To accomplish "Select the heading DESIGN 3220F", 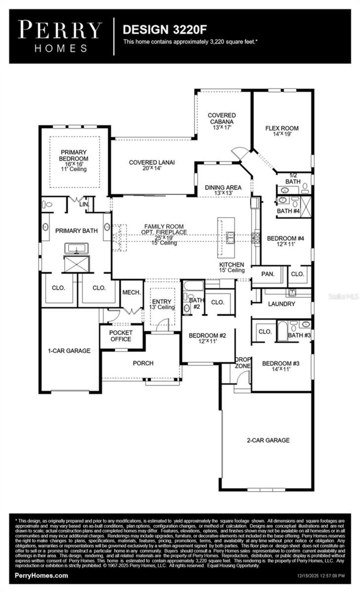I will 165,30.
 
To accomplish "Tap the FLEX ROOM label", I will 282,131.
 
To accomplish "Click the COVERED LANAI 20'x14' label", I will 152,165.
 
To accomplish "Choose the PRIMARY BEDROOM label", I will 74,160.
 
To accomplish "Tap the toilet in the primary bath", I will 47,204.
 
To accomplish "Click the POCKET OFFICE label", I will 121,336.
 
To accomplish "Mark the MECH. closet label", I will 131,292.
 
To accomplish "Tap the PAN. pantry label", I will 268,274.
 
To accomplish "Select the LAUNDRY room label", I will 281,304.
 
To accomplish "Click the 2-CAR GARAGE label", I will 268,440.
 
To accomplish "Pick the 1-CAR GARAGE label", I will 69,350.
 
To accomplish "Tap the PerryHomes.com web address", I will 41,575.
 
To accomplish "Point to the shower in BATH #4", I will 306,207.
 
